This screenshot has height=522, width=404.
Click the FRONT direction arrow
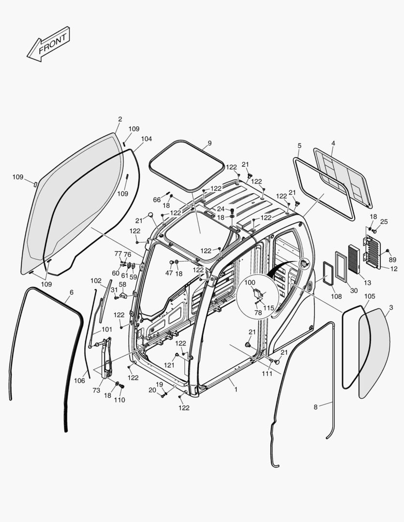tap(48, 44)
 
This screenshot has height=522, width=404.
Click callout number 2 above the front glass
tap(120, 119)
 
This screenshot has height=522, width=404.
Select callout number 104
tap(146, 139)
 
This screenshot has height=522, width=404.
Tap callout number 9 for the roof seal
tap(209, 143)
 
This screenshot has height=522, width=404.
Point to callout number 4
tap(333, 143)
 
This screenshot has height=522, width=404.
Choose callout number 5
tap(299, 145)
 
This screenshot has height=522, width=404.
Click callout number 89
tap(392, 260)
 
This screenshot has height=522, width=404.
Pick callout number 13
tap(368, 283)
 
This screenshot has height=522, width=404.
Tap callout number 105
tap(369, 296)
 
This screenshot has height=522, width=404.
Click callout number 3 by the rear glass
tap(391, 308)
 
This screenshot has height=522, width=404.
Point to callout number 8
tap(315, 407)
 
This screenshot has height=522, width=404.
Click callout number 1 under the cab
tap(236, 389)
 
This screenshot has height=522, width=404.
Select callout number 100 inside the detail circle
tap(250, 282)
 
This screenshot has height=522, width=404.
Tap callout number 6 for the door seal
tap(72, 292)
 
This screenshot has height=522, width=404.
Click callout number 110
tap(119, 400)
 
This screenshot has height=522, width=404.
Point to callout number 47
tap(169, 273)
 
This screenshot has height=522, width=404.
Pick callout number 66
tap(157, 200)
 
